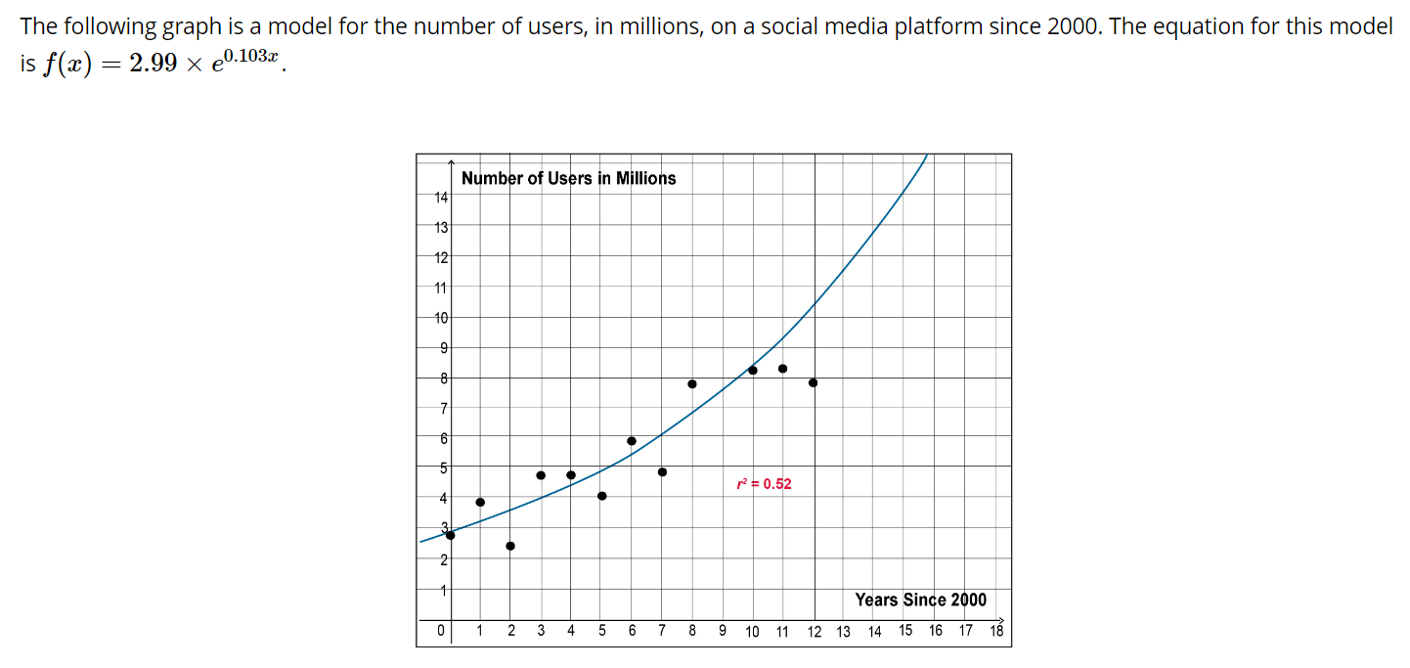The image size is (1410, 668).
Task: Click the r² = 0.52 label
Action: tap(764, 484)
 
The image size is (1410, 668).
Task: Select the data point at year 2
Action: tap(510, 546)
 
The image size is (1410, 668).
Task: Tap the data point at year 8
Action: tap(692, 383)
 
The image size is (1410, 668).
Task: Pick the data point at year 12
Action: tap(813, 382)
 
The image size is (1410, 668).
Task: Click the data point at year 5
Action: tap(601, 496)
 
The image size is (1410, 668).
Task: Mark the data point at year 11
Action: tap(782, 369)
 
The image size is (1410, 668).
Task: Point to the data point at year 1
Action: tap(480, 502)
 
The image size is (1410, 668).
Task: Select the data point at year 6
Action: tap(632, 441)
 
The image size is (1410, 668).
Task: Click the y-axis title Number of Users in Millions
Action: tap(568, 178)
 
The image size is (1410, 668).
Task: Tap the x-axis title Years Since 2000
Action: tap(920, 600)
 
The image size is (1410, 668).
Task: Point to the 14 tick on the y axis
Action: tap(440, 197)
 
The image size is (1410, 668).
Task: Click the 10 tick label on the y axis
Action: tap(440, 318)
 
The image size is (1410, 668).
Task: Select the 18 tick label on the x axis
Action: tap(996, 631)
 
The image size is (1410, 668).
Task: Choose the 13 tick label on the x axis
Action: tap(843, 631)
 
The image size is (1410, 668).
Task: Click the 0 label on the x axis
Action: tap(441, 631)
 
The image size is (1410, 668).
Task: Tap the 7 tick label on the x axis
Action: tap(662, 631)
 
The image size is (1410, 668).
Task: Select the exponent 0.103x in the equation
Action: tap(254, 56)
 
